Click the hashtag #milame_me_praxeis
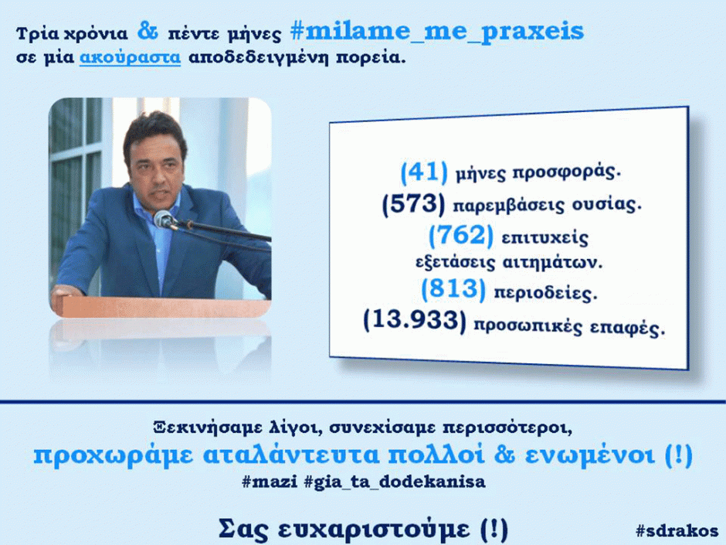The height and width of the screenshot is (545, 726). [x=437, y=32]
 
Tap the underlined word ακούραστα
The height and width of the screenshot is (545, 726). [x=130, y=57]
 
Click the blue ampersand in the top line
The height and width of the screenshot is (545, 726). [x=148, y=31]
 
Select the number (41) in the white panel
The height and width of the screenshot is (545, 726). [x=424, y=172]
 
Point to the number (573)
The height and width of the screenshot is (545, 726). [x=413, y=204]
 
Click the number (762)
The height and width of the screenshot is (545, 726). [x=460, y=235]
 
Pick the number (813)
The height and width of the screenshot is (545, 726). [x=453, y=289]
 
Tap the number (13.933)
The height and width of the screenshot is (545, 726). [x=415, y=320]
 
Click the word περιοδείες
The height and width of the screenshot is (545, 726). [x=545, y=293]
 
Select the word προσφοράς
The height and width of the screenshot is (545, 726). [x=566, y=172]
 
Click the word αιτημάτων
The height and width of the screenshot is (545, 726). [x=552, y=263]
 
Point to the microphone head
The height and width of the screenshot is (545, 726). [x=163, y=219]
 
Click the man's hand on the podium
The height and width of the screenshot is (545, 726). [x=66, y=292]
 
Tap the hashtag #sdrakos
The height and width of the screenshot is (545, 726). [x=677, y=530]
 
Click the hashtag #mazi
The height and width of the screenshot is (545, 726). [x=270, y=482]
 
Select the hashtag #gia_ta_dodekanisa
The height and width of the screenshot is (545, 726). [x=395, y=482]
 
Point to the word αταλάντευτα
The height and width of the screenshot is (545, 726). [x=291, y=455]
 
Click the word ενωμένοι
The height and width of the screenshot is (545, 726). [x=590, y=455]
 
